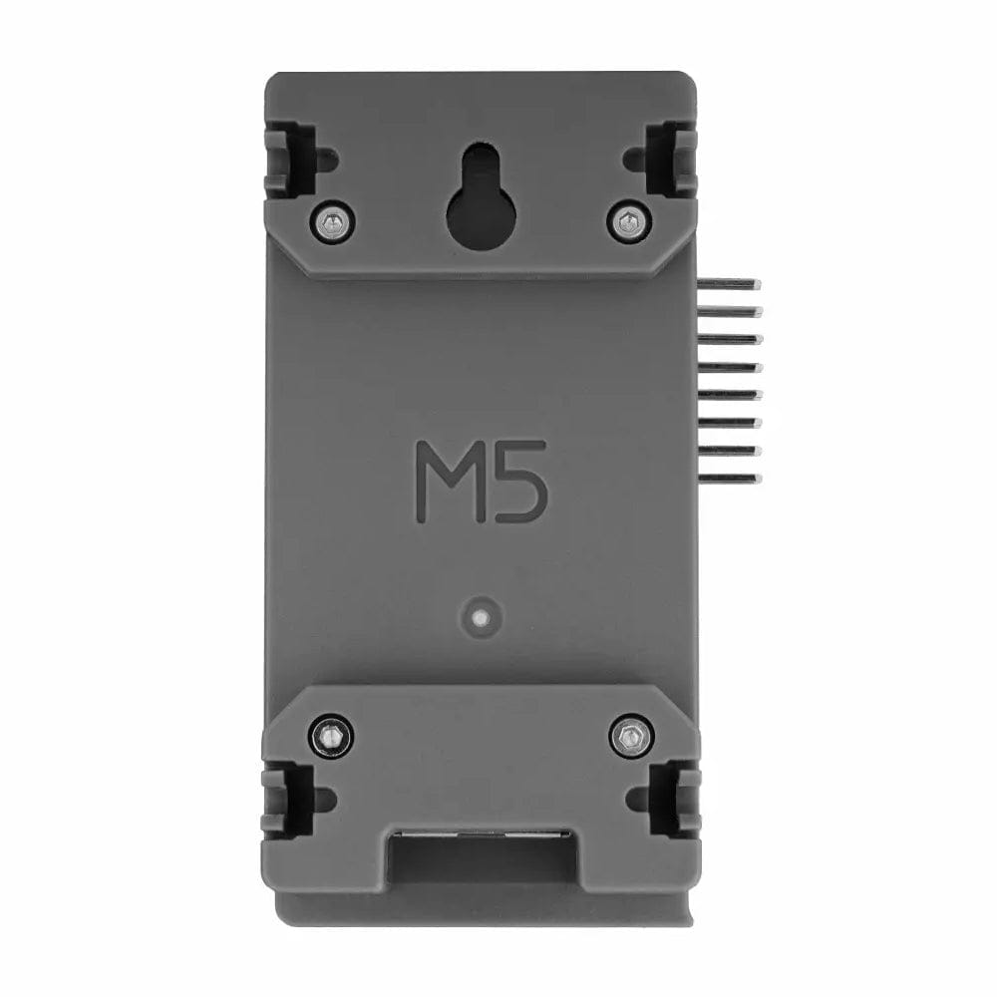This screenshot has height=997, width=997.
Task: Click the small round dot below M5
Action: click(x=481, y=616)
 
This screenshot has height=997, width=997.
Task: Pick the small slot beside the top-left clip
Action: click(x=325, y=156)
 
